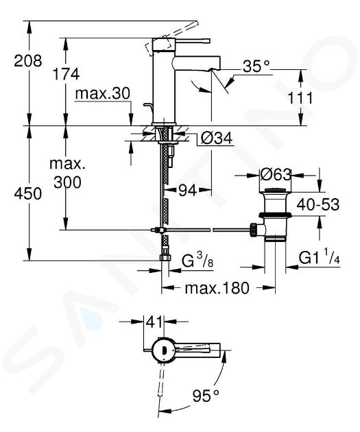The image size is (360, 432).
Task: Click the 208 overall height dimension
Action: click(x=28, y=61)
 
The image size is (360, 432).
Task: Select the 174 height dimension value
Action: click(x=66, y=74)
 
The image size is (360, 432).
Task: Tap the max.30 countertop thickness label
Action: click(x=102, y=94)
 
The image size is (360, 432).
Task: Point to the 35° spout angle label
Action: click(x=256, y=66)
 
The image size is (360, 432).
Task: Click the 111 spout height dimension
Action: click(x=300, y=98)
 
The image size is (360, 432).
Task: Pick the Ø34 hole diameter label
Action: click(x=216, y=138)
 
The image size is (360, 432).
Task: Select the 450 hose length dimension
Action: click(x=28, y=193)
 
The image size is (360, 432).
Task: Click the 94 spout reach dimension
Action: click(x=188, y=190)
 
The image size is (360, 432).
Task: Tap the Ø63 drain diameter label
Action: click(x=276, y=174)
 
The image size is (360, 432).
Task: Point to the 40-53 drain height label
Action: click(x=318, y=204)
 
